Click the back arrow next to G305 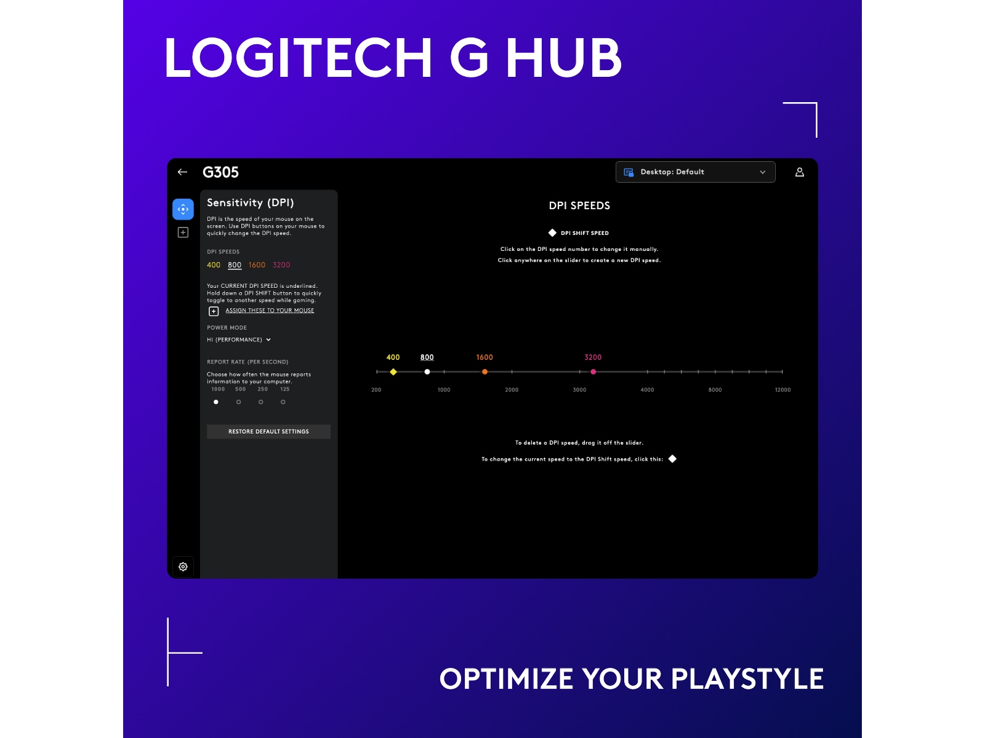[182, 172]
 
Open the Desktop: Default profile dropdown [695, 172]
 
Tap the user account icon [799, 172]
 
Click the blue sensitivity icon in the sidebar [183, 209]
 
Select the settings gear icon [183, 566]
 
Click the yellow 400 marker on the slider [393, 372]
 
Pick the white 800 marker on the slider [427, 372]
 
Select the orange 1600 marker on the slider [484, 372]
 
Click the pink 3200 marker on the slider [593, 372]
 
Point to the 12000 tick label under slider [782, 390]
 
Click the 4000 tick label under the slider [647, 390]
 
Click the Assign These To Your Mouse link [270, 311]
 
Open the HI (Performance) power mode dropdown [239, 339]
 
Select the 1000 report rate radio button [216, 402]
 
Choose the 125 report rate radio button [283, 402]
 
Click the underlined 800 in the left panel [235, 265]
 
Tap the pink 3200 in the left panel [281, 265]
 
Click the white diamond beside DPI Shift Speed [552, 233]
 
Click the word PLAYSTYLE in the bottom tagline [747, 679]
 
